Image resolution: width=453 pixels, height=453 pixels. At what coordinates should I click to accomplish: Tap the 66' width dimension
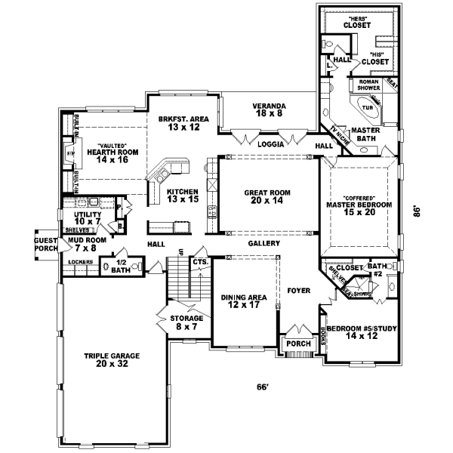(262, 388)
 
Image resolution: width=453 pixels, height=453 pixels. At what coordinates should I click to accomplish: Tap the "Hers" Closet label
(357, 22)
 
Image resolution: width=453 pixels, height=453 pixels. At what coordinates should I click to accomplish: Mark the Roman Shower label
(368, 85)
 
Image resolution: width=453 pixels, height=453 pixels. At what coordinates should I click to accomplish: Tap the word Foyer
(298, 288)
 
